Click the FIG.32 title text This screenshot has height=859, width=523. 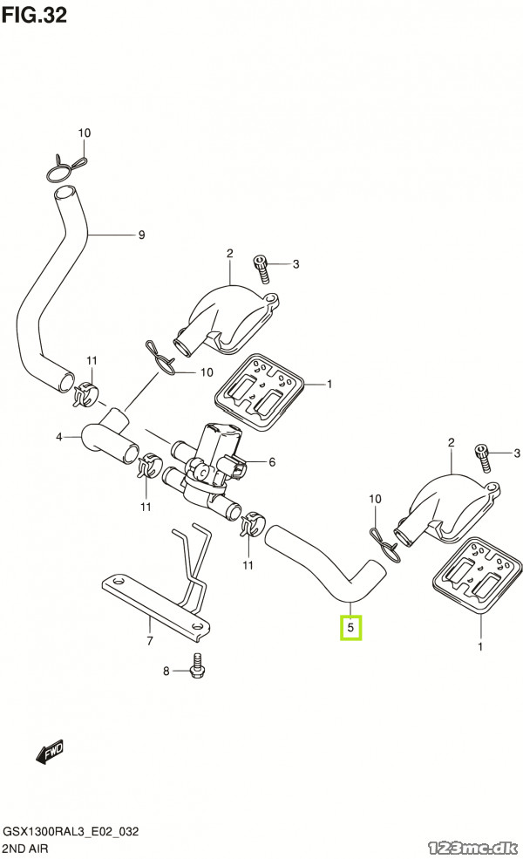coord(35,15)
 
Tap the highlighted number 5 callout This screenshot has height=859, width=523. coord(350,627)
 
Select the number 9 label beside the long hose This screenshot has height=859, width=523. coord(141,235)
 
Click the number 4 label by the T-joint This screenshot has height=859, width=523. coord(59,437)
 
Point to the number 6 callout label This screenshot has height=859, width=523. coord(272,462)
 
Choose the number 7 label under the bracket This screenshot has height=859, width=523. coord(150,641)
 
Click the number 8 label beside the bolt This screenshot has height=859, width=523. coord(167,672)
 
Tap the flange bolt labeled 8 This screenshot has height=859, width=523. coord(198,666)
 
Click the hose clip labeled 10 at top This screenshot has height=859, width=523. coord(67,166)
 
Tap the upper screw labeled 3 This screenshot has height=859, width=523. coord(260,267)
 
